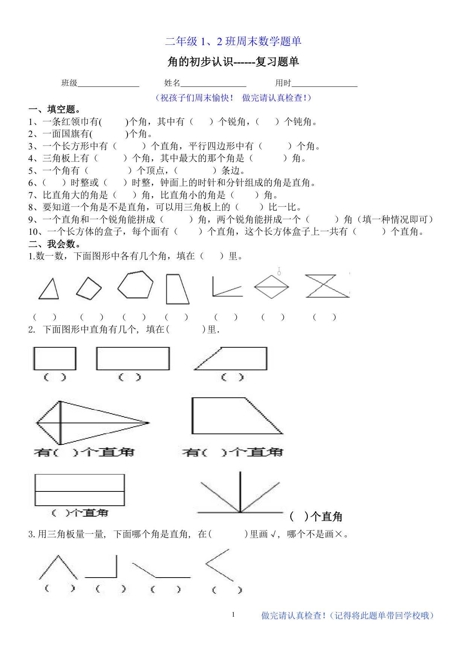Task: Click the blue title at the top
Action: (x=233, y=41)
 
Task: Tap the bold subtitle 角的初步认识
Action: (x=233, y=62)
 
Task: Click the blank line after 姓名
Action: (x=213, y=84)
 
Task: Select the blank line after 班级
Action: (x=108, y=84)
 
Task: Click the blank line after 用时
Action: (x=324, y=84)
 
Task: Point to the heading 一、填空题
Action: (x=55, y=109)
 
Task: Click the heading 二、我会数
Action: (x=55, y=244)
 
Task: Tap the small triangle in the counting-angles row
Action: (x=49, y=289)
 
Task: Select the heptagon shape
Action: (x=135, y=285)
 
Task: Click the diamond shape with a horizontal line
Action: (x=271, y=287)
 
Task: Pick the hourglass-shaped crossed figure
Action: (x=327, y=286)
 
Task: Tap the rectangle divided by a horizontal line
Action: (x=80, y=490)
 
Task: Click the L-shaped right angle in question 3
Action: (x=102, y=567)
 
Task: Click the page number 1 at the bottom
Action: (x=233, y=614)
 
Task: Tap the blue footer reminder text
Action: (x=348, y=616)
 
